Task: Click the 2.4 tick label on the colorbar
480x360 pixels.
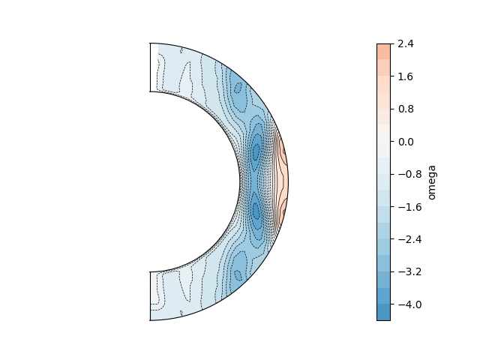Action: click(x=406, y=44)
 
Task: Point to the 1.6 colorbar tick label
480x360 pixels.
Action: click(x=406, y=76)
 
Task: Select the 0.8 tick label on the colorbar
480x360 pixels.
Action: click(x=406, y=109)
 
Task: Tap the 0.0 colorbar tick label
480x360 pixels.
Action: click(x=406, y=142)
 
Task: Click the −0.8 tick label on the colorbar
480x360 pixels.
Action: click(x=409, y=174)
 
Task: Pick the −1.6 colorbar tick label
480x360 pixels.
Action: click(x=409, y=207)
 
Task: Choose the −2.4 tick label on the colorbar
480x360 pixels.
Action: click(x=409, y=239)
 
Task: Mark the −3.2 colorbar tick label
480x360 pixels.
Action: click(x=409, y=271)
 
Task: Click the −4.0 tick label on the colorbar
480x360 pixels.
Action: click(x=409, y=304)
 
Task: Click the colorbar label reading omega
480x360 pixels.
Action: click(x=432, y=182)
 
